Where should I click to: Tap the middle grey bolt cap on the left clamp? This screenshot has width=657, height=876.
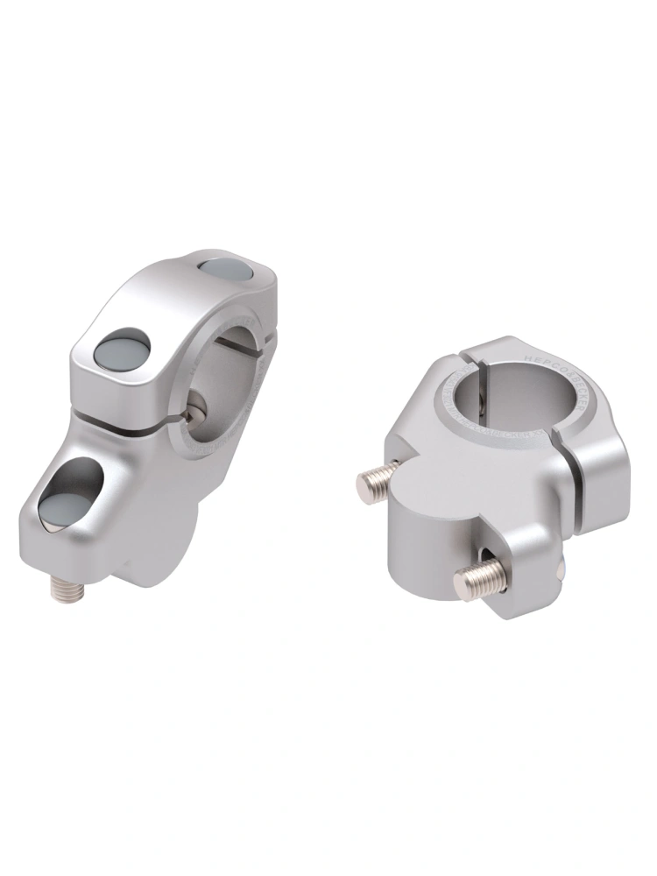coord(122,349)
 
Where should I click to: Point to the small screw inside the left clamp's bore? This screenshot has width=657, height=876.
coord(197,404)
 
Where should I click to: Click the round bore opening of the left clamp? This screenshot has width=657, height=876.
coord(230,377)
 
